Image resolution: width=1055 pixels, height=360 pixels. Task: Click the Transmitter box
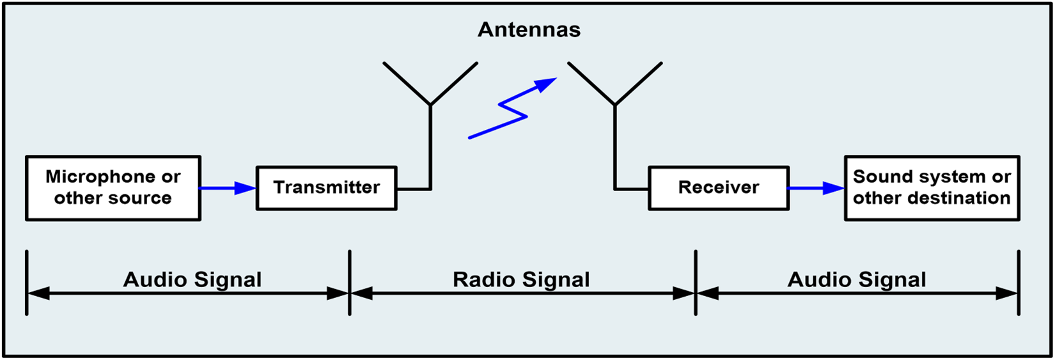tap(326, 188)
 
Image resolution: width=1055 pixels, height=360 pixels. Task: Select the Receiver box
tap(719, 188)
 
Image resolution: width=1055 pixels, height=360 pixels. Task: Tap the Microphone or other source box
tap(113, 188)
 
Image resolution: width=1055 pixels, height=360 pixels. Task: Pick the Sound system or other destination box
tap(932, 188)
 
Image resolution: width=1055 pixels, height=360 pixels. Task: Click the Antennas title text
tap(529, 30)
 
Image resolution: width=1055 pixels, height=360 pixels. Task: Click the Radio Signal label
tap(521, 279)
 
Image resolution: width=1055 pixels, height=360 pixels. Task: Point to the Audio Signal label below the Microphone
tap(192, 279)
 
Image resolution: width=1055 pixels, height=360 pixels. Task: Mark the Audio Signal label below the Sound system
tap(857, 279)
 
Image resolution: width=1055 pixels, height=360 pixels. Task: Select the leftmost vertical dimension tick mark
tap(26, 283)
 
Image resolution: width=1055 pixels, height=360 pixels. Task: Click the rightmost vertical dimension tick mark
tap(1019, 283)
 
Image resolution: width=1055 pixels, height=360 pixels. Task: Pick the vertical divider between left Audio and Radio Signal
tap(350, 283)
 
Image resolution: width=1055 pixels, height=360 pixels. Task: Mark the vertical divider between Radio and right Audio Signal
tap(696, 283)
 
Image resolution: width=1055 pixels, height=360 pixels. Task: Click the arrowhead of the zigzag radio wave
tap(545, 84)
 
